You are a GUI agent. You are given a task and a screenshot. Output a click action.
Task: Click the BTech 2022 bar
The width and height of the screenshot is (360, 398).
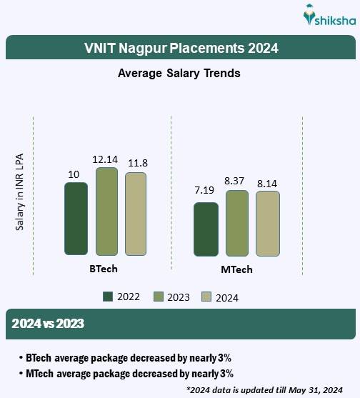[76, 219]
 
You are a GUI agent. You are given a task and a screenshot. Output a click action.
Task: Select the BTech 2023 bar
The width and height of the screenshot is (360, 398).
[106, 212]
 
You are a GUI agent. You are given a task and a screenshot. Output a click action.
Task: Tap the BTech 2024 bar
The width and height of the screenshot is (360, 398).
[136, 214]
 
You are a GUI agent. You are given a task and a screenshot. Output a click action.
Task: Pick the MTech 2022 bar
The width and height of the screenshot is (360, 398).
[206, 229]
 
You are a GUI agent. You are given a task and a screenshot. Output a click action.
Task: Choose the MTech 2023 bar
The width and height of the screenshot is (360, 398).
[237, 223]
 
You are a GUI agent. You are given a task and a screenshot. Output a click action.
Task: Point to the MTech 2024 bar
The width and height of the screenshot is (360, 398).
[268, 224]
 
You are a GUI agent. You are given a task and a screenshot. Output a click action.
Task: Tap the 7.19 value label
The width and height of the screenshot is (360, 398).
[205, 191]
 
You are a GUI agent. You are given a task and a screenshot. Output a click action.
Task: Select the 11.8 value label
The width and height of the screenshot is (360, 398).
[136, 163]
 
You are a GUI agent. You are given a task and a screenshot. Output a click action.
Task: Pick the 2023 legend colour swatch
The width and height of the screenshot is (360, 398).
[158, 297]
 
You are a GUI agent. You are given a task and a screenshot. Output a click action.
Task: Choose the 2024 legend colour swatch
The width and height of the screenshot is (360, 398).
[207, 297]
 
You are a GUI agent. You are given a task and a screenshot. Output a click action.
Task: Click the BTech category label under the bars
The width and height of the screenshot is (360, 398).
[104, 269]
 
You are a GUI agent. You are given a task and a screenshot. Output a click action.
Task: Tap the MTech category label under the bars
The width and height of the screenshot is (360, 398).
[236, 270]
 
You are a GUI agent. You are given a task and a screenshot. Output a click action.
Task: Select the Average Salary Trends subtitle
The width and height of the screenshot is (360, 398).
[179, 74]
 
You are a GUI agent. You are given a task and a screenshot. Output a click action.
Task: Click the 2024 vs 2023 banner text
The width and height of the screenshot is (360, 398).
[48, 324]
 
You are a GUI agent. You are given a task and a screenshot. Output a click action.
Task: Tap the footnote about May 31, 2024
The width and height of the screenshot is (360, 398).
[266, 389]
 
